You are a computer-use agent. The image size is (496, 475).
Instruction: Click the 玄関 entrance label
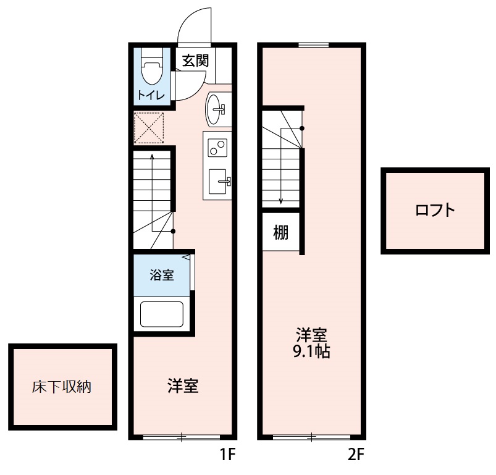coord(195,61)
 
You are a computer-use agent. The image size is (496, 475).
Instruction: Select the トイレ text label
coord(151,95)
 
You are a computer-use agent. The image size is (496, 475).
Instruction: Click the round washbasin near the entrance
coord(217,109)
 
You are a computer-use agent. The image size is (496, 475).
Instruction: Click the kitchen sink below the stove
coord(219,181)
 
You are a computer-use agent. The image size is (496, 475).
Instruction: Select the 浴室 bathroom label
coord(162,275)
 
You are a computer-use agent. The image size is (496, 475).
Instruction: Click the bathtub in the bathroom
coord(162,314)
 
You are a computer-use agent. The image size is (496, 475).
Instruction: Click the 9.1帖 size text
coord(311,353)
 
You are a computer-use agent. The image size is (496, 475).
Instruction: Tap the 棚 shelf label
coord(281,233)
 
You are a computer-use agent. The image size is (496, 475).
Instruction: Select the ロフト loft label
coord(435,210)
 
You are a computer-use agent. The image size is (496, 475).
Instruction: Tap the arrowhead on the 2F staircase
coord(281,200)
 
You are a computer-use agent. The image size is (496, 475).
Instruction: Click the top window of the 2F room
coord(313,44)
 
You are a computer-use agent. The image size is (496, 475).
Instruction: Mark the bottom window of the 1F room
coord(182,437)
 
